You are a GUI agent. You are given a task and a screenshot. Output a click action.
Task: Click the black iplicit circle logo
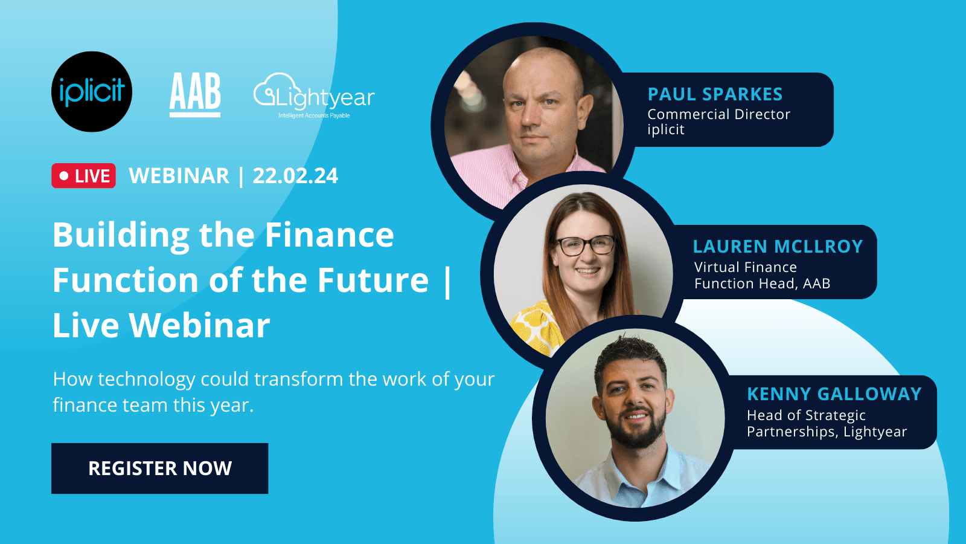(x=92, y=92)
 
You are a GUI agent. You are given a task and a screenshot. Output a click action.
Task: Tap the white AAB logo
(x=195, y=94)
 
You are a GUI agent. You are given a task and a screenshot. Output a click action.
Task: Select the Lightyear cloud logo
(x=313, y=96)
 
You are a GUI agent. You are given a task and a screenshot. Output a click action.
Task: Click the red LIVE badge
(x=83, y=176)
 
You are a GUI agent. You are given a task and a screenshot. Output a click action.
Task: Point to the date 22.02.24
(x=295, y=176)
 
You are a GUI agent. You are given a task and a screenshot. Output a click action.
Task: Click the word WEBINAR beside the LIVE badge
(x=179, y=176)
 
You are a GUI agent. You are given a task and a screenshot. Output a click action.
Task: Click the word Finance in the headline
(x=329, y=235)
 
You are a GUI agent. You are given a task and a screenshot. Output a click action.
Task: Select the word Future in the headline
(x=373, y=280)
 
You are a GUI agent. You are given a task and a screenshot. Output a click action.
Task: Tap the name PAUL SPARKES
(x=715, y=94)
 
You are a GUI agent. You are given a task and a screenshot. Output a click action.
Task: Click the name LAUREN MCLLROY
(x=778, y=247)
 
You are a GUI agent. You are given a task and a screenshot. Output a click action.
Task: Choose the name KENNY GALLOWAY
(x=834, y=394)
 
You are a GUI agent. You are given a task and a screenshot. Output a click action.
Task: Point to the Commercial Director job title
(x=718, y=114)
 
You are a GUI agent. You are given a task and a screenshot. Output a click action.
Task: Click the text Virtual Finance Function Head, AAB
(x=762, y=276)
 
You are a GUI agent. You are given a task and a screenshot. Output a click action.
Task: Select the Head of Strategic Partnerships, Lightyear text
(x=827, y=423)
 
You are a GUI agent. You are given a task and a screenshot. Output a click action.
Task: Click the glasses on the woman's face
(x=584, y=245)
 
